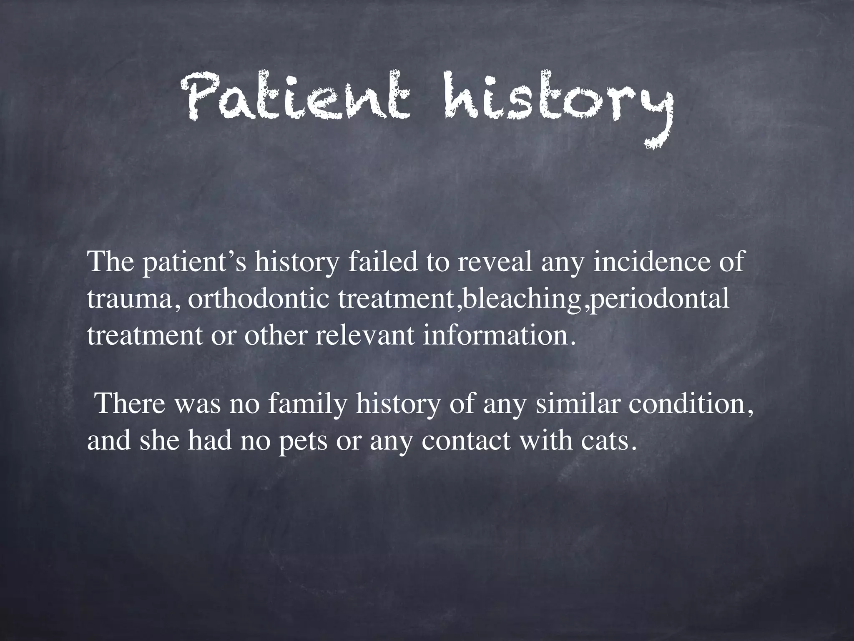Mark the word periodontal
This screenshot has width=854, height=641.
659,299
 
